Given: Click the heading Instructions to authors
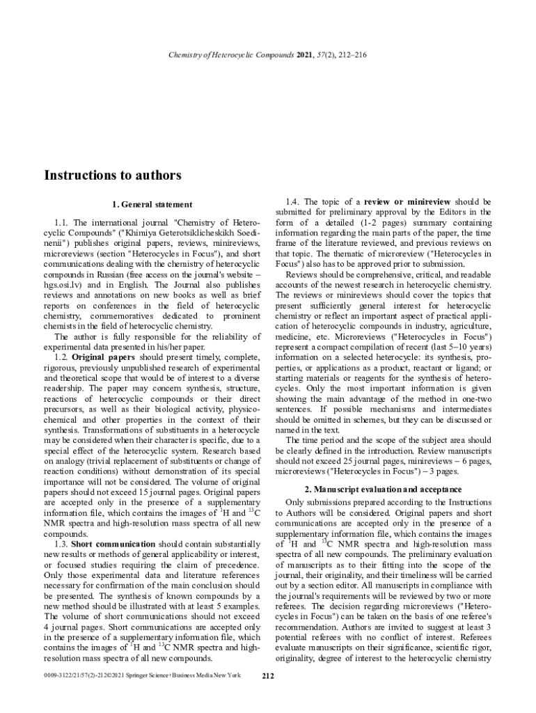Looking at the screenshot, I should coord(113,175).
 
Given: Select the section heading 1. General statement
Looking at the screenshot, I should coord(152,204).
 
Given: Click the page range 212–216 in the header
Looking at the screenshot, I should coord(348,55).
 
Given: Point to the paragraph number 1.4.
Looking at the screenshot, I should coord(294,202).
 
